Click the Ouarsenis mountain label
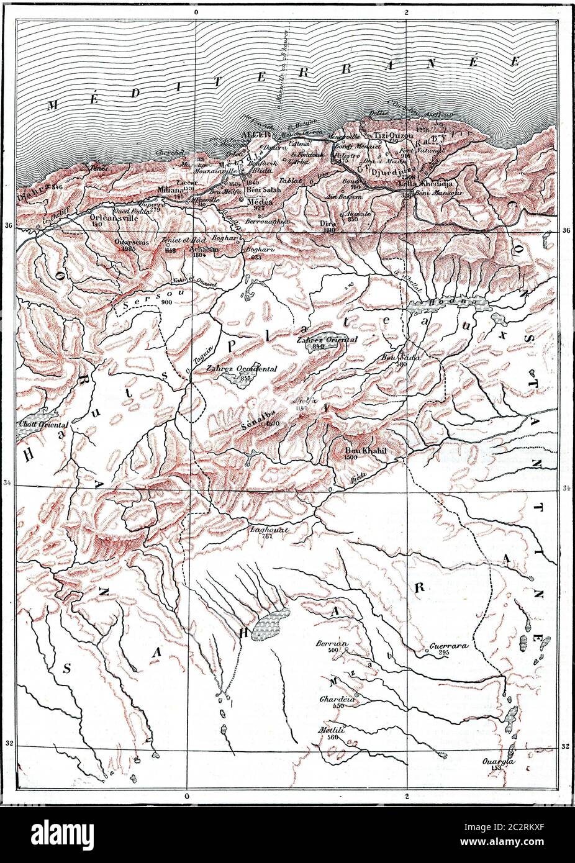click(x=131, y=242)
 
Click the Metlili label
click(x=332, y=730)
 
